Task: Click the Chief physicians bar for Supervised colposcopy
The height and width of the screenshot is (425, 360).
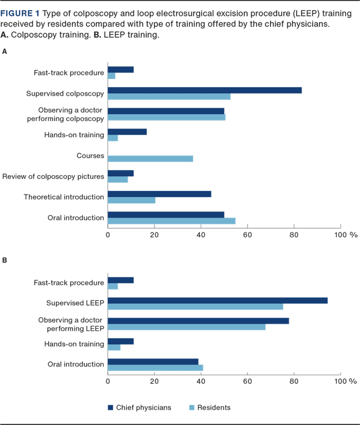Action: pos(205,90)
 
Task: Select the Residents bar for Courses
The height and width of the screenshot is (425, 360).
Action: pos(150,159)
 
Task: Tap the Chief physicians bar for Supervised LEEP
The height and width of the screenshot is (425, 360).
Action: pos(217,301)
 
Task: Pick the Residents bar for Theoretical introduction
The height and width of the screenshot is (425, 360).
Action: pos(132,200)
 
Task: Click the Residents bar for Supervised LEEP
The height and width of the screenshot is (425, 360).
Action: pos(195,307)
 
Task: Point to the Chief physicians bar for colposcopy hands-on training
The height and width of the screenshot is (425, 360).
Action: pos(127,131)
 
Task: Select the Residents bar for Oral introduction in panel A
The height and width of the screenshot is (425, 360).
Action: pos(171,221)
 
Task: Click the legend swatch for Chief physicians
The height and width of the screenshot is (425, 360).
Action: pos(110,408)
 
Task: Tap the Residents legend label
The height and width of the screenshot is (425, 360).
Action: pos(214,408)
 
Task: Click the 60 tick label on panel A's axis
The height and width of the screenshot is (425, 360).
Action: pos(247,235)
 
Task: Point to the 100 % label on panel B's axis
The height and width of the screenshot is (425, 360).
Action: pos(344,381)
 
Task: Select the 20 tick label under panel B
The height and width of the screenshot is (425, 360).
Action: pos(154,381)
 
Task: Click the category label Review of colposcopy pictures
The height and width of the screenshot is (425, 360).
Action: pos(53,177)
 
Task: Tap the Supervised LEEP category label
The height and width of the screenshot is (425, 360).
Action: pos(75,303)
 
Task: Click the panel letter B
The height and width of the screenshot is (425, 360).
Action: pos(4,261)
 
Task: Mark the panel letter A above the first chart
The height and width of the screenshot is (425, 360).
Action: pos(4,51)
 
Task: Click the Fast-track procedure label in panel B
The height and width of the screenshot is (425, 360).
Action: pos(69,283)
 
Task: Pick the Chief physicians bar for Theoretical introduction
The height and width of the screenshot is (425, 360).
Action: pos(159,194)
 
